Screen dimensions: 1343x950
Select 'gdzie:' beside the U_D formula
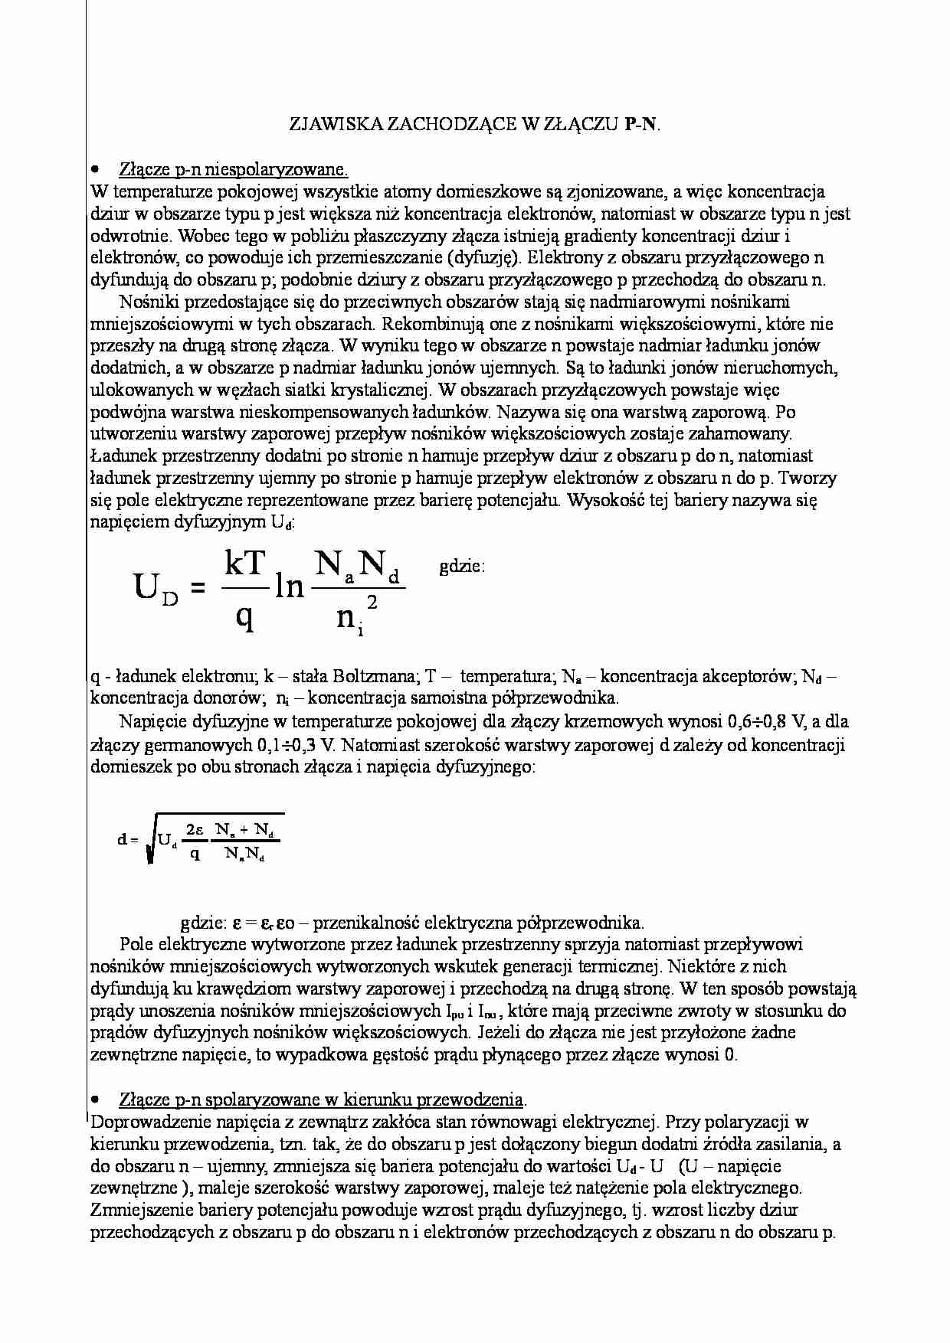pos(463,567)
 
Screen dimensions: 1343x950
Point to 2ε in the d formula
pos(195,830)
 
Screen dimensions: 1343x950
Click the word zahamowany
pos(748,434)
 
